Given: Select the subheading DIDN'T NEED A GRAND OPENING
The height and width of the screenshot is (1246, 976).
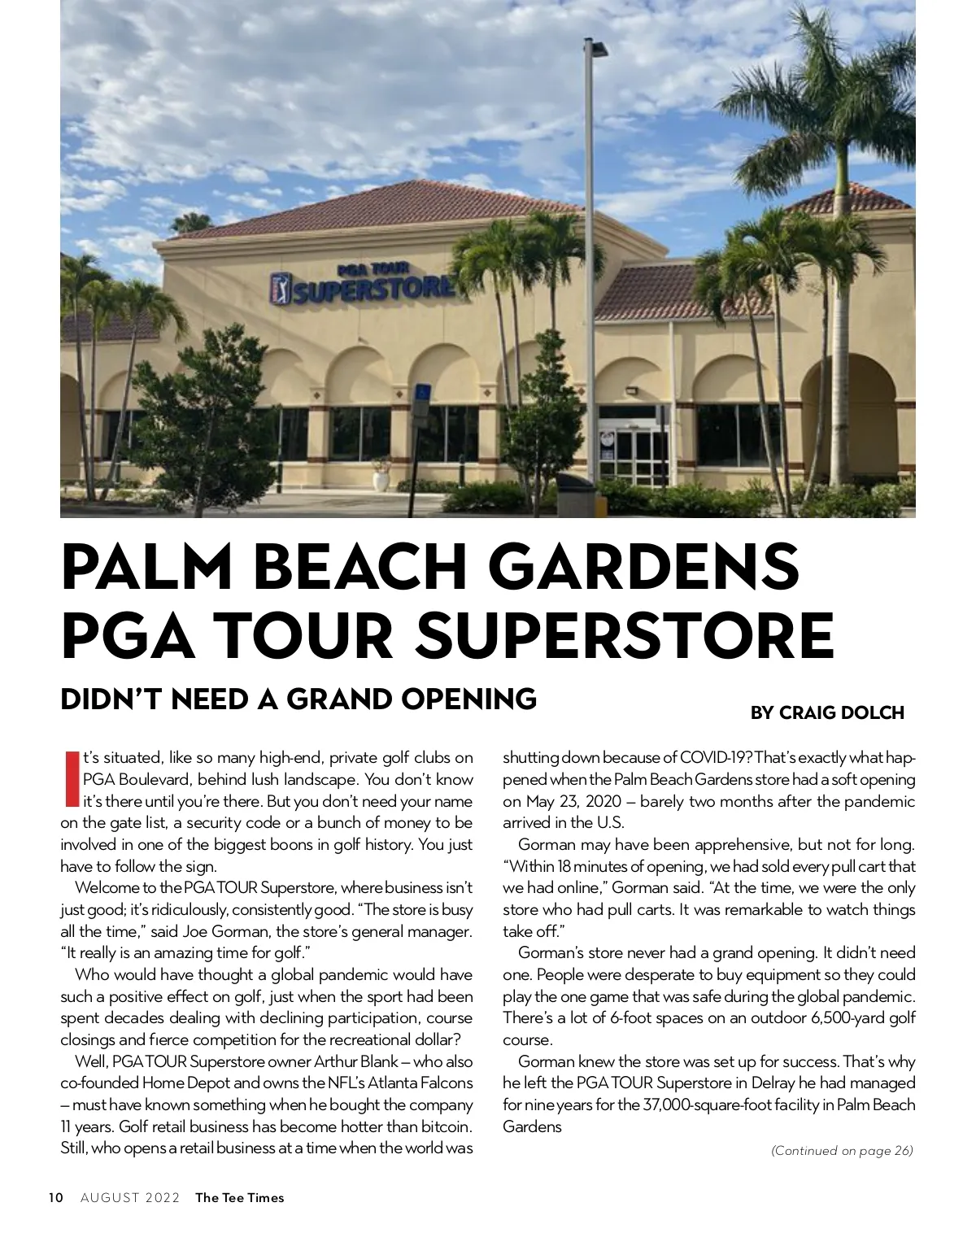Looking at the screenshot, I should click(x=298, y=699).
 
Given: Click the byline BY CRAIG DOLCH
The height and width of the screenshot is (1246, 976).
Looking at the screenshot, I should click(x=826, y=712).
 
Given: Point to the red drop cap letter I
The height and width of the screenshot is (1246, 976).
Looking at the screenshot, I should click(x=71, y=779).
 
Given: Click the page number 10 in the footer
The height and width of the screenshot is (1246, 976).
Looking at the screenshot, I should click(x=55, y=1197).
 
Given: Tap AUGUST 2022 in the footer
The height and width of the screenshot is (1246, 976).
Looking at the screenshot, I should click(x=130, y=1197).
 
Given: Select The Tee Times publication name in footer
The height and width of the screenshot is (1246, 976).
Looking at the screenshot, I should click(x=240, y=1197).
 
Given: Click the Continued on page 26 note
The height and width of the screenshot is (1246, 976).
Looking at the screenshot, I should click(x=842, y=1150).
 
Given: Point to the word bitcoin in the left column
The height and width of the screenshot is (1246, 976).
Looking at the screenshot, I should click(x=447, y=1126).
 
